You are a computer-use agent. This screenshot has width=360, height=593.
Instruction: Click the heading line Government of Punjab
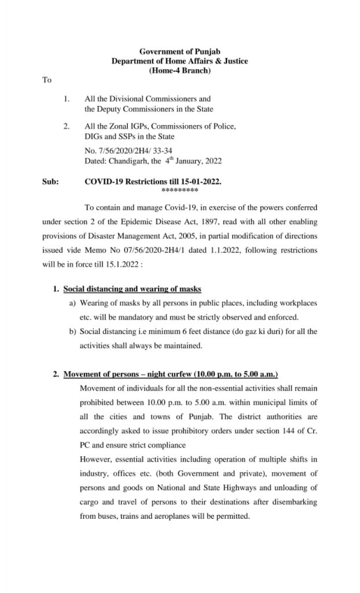(180, 52)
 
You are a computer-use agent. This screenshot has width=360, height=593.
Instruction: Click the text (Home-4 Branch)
(180, 71)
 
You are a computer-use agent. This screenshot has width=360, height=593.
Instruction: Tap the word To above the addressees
(47, 80)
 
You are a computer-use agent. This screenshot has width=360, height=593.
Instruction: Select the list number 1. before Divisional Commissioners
(67, 100)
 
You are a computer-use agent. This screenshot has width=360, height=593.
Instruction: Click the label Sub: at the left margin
(50, 181)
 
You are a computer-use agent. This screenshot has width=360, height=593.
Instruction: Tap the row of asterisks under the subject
(180, 190)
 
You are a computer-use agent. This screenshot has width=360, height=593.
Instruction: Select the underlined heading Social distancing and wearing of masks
(132, 288)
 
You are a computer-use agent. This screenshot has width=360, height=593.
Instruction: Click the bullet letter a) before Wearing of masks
(73, 303)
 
